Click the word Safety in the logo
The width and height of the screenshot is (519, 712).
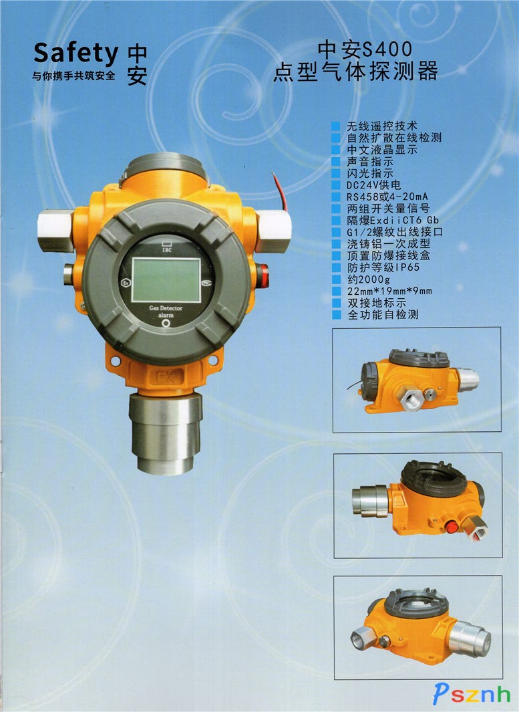pos(75,53)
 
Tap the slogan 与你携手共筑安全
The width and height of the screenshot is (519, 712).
pos(74,76)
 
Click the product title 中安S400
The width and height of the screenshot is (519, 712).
pos(364,49)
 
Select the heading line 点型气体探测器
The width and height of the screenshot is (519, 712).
pos(355,72)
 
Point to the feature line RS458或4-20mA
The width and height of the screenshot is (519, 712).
pos(387,197)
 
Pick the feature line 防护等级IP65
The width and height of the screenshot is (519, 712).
pos(383,267)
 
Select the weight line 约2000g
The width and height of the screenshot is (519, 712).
pos(369,279)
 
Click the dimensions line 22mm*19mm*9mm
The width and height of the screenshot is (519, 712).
pos(389,291)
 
